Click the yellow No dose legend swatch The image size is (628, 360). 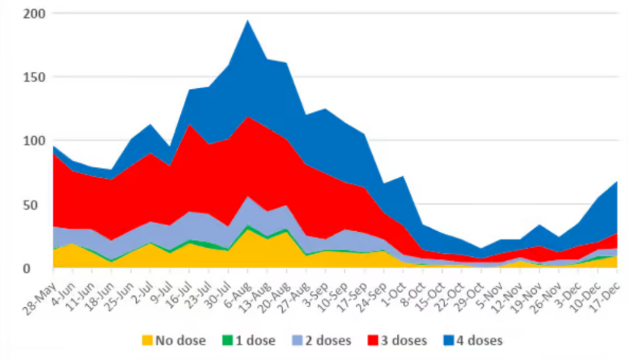(x=147, y=340)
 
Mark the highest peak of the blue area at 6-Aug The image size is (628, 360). (x=247, y=20)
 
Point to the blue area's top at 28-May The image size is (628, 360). (x=54, y=147)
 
